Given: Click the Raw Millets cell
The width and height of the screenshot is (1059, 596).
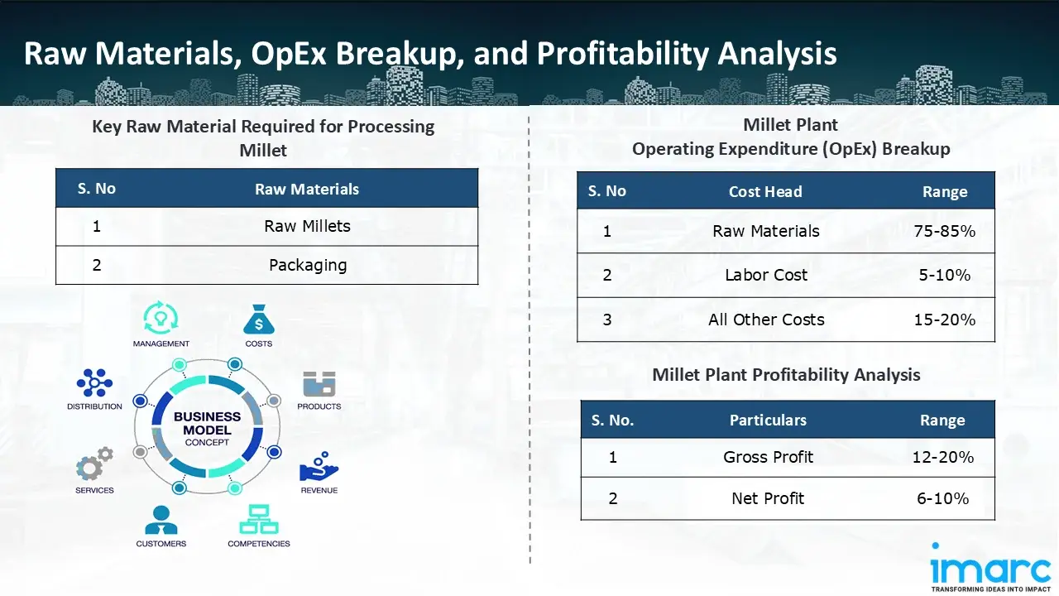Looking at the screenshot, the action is (x=307, y=226).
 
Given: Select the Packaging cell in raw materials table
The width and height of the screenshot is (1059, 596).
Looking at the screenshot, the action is (x=308, y=265).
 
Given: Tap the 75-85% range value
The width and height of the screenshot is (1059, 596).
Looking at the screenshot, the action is (x=944, y=231).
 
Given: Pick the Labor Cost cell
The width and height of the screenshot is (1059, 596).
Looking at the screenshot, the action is (x=766, y=275).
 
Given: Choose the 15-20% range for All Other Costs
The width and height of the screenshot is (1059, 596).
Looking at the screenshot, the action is (x=944, y=320).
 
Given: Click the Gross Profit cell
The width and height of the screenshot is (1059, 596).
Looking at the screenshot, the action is (x=768, y=457).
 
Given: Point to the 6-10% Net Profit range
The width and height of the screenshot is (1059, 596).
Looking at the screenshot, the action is (x=942, y=498).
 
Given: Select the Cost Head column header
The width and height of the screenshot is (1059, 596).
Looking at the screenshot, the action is (x=765, y=191).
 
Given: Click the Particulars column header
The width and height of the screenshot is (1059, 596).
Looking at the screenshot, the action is (x=768, y=420).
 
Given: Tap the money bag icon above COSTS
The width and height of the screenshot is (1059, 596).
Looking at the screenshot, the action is (x=259, y=320).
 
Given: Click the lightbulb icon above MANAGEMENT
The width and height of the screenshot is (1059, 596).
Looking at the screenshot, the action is (x=161, y=318).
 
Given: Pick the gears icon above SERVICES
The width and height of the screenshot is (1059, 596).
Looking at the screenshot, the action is (x=94, y=463).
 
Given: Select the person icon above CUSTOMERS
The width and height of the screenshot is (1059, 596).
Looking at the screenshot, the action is (x=161, y=520).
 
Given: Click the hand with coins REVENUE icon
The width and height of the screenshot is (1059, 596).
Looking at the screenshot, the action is (x=319, y=466).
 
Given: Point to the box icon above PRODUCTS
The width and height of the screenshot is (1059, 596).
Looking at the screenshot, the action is (x=319, y=383).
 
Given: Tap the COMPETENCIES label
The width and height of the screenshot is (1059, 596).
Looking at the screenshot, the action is (x=259, y=544).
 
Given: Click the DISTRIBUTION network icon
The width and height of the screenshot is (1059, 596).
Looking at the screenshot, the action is (x=94, y=382).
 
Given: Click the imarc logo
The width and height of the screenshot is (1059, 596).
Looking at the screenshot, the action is (x=990, y=567).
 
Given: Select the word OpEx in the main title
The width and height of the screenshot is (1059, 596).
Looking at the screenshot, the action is (x=289, y=53).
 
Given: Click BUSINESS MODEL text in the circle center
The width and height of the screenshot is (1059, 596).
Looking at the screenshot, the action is (x=207, y=423).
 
